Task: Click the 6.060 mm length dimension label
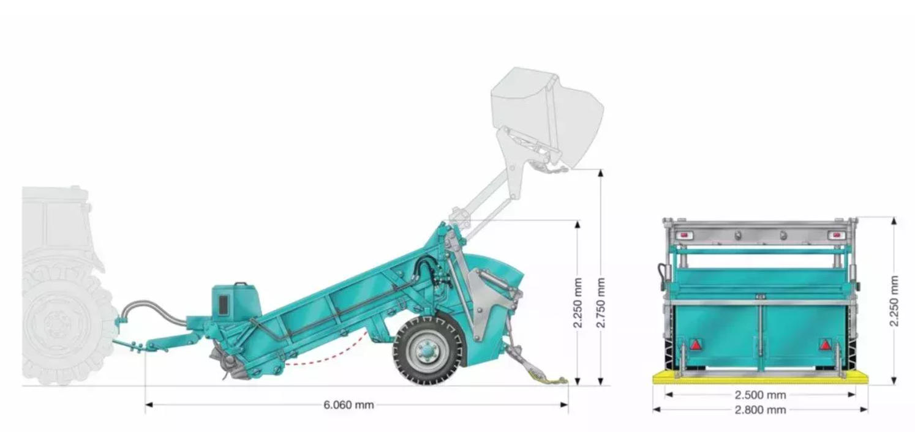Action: click(x=348, y=404)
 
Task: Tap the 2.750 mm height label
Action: click(x=600, y=302)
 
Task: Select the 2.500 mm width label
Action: click(x=760, y=395)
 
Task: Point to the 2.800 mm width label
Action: click(x=760, y=409)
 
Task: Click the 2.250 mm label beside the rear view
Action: click(x=894, y=300)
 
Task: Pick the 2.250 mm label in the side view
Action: click(x=578, y=302)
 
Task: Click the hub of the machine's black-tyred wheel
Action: click(x=427, y=350)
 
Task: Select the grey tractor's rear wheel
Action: click(x=66, y=326)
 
